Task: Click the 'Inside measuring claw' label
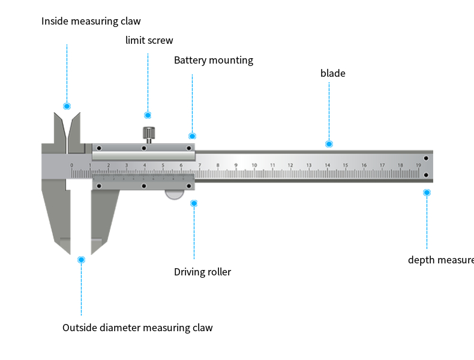point(91,22)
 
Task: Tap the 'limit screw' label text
point(149,41)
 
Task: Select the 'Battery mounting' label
point(214,61)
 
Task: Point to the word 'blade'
point(332,74)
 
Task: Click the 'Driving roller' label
point(202,272)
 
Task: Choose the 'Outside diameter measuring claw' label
point(137,328)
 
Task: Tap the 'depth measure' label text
point(440,260)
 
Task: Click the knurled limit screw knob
point(148,133)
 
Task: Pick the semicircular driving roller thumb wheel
point(175,194)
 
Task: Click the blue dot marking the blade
point(329,144)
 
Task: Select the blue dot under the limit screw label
point(148,115)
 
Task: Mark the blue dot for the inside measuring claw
point(67,106)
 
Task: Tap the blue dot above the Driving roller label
point(194,203)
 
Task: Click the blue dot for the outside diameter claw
point(82,260)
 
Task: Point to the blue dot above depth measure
point(427,193)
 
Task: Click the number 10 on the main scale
point(254,165)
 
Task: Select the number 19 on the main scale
point(418,165)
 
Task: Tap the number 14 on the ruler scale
point(327,165)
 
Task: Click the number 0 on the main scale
point(71,165)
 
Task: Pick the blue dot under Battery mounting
point(192,136)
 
